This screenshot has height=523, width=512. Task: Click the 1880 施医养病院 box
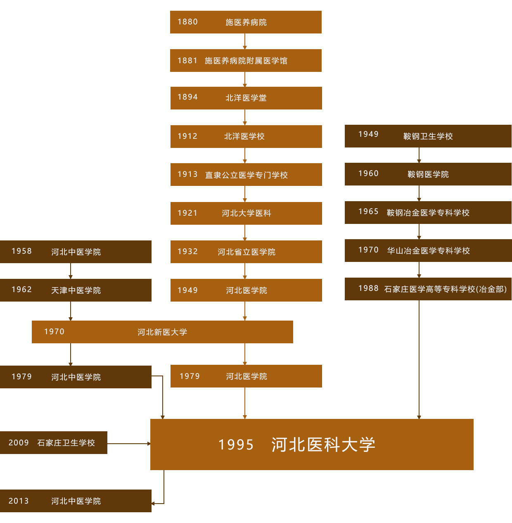tap(246, 22)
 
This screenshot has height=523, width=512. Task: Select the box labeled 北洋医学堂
tap(246, 98)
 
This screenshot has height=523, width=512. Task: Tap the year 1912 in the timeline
tap(187, 136)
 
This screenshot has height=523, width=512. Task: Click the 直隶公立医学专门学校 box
tap(246, 175)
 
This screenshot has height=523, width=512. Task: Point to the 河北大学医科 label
tap(246, 213)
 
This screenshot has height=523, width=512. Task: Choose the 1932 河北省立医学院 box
tap(246, 252)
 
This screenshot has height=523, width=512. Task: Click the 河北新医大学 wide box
tap(162, 332)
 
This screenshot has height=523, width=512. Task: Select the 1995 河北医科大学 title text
tap(296, 445)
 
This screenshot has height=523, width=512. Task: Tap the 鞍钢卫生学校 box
tap(428, 136)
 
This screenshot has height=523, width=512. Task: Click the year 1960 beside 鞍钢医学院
tap(368, 174)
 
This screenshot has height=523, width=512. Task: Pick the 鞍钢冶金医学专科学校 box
tap(428, 212)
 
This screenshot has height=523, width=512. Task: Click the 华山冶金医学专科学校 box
tap(428, 251)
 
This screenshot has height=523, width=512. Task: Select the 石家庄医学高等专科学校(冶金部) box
tap(428, 289)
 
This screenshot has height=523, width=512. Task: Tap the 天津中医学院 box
tap(76, 290)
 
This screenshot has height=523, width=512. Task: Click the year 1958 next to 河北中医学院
tap(21, 251)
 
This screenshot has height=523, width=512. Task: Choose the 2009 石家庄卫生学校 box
tap(54, 442)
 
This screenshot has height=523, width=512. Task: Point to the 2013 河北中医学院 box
tap(76, 501)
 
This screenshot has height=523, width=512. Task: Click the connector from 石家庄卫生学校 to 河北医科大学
tap(128, 443)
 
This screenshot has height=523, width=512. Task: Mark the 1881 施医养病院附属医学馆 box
tap(246, 60)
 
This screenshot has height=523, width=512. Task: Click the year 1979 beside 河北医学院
tap(190, 376)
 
